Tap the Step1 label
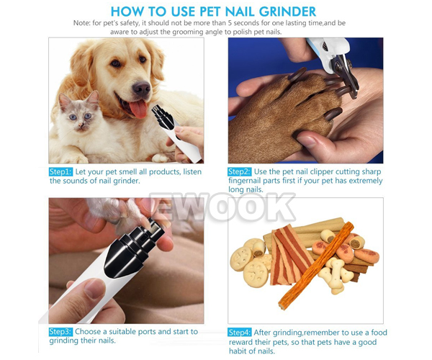tap(60, 172)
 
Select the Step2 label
tap(240, 172)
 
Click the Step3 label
tap(60, 332)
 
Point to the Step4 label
tap(240, 333)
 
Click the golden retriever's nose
tap(141, 89)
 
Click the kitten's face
tap(78, 116)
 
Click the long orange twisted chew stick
tap(316, 266)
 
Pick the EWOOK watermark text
tap(222, 207)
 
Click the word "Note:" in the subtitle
tap(82, 23)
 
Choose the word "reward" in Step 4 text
tap(240, 343)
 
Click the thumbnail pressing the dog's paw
tap(307, 141)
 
